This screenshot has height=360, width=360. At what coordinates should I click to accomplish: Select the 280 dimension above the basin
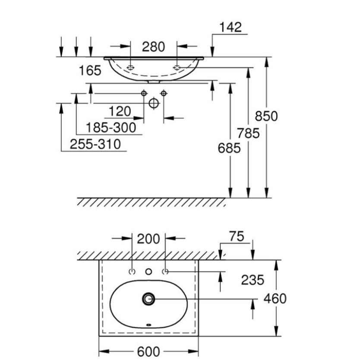tap(154, 47)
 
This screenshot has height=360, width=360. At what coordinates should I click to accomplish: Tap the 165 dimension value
tap(90, 70)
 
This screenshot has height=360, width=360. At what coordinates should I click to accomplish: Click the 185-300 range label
tap(110, 128)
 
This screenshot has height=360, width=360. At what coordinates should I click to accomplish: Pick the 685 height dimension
tap(229, 148)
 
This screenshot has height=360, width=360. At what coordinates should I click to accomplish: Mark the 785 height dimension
tap(248, 133)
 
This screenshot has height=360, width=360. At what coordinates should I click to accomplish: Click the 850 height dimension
tap(266, 117)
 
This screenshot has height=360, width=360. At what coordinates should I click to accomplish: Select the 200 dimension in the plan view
tap(148, 238)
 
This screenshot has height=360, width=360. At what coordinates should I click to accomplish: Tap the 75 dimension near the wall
tap(236, 237)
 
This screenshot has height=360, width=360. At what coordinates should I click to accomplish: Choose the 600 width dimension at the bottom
tap(148, 351)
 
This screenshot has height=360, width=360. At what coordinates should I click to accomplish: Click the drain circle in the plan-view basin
tap(148, 298)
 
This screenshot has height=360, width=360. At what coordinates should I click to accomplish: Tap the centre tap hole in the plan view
tap(148, 272)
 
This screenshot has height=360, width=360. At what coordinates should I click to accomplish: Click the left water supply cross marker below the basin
tap(144, 93)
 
